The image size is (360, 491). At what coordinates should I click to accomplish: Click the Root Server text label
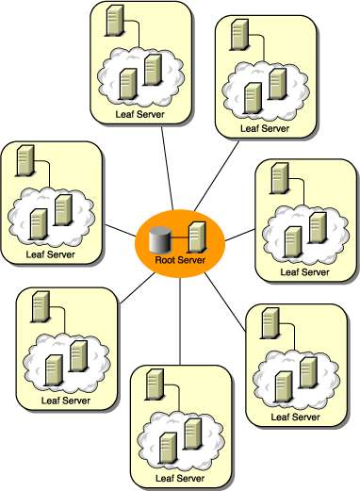[x=180, y=258]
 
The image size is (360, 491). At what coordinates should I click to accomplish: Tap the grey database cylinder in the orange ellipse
[x=162, y=237]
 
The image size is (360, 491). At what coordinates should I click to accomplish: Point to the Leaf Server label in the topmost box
[x=139, y=114]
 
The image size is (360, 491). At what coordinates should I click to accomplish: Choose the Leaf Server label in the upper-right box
[x=264, y=127]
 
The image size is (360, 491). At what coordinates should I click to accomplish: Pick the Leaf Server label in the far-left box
[x=50, y=254]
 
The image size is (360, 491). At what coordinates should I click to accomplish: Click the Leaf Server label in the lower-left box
[x=65, y=401]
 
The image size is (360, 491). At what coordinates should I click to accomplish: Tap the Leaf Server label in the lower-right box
[x=294, y=416]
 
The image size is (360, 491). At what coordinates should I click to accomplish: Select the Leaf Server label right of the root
[x=305, y=272]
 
